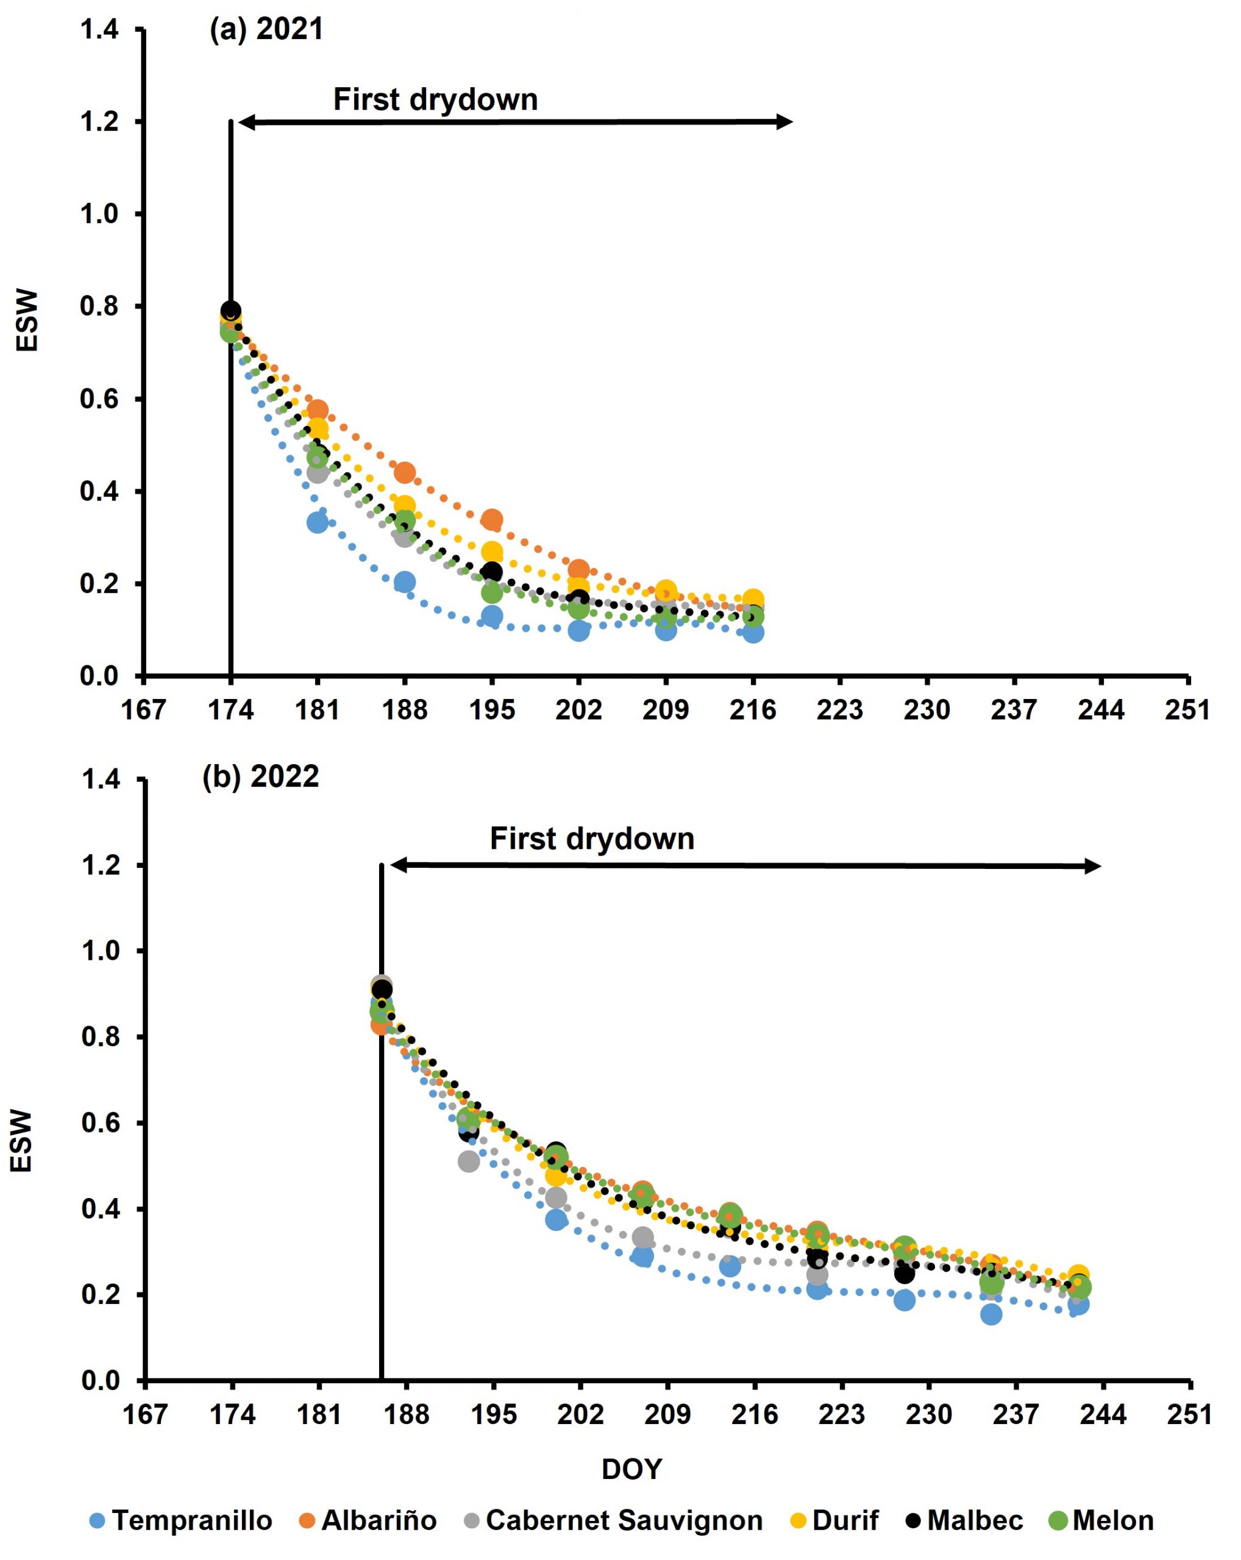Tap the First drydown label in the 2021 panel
point(435,99)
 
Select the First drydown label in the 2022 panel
point(592,838)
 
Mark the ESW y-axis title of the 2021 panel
point(27,321)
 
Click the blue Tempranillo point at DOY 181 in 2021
point(317,522)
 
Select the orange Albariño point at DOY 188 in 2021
point(405,472)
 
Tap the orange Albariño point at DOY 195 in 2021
point(492,520)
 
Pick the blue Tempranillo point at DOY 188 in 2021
point(405,582)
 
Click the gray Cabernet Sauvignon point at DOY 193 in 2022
point(468,1161)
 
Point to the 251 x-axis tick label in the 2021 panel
point(1187,710)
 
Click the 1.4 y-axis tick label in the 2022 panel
point(100,780)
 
